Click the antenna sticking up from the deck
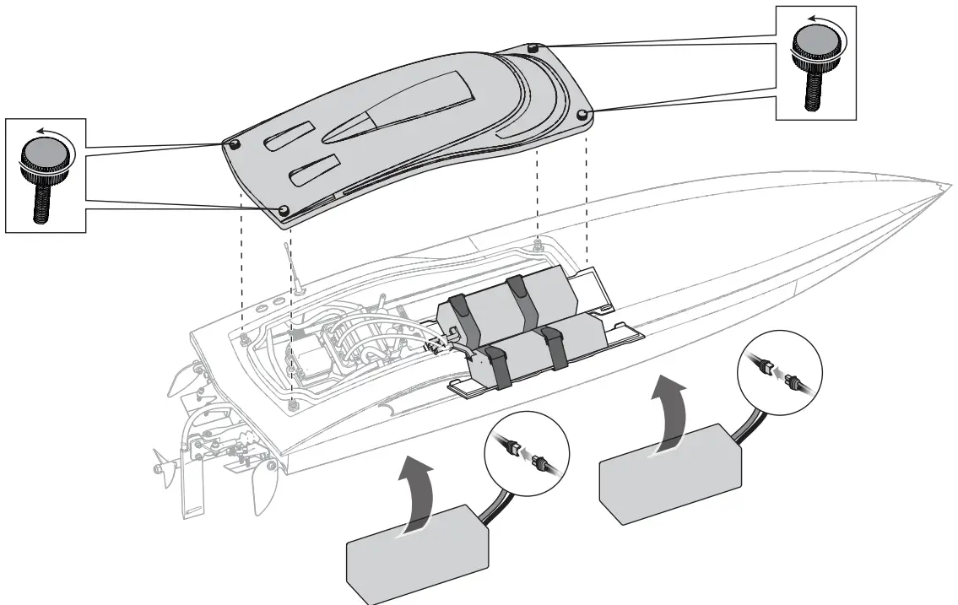pos(295,267)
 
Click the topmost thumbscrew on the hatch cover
pos(533,48)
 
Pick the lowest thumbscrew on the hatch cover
pos(284,208)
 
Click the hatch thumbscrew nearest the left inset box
pos(234,145)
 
